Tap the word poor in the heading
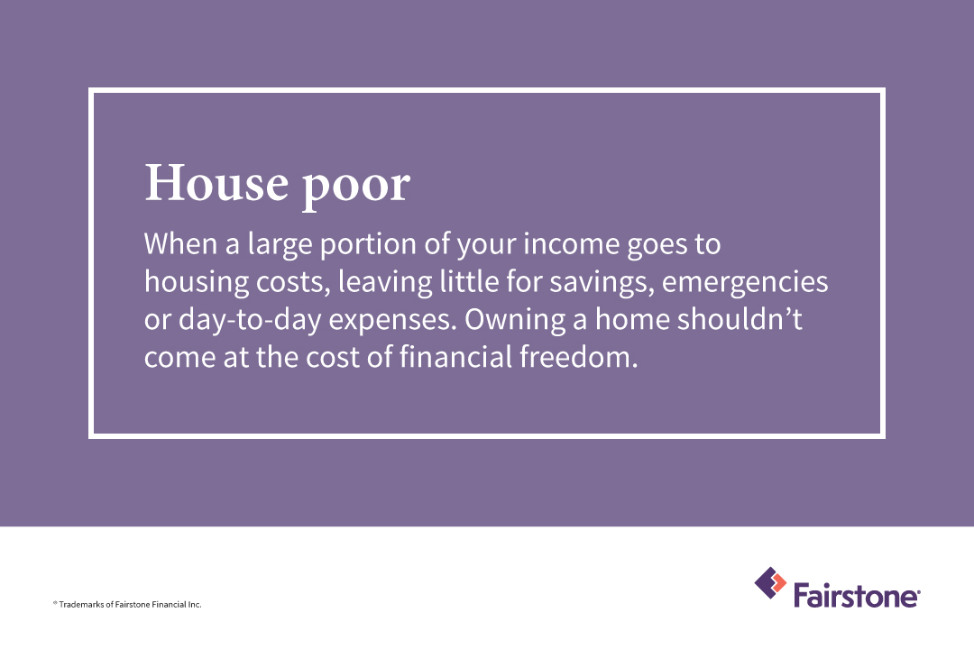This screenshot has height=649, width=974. (x=355, y=187)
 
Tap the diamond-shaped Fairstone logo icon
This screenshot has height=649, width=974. (x=770, y=583)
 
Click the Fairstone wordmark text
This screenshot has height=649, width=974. (x=856, y=595)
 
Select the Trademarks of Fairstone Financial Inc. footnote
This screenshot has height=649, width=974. (x=126, y=604)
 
